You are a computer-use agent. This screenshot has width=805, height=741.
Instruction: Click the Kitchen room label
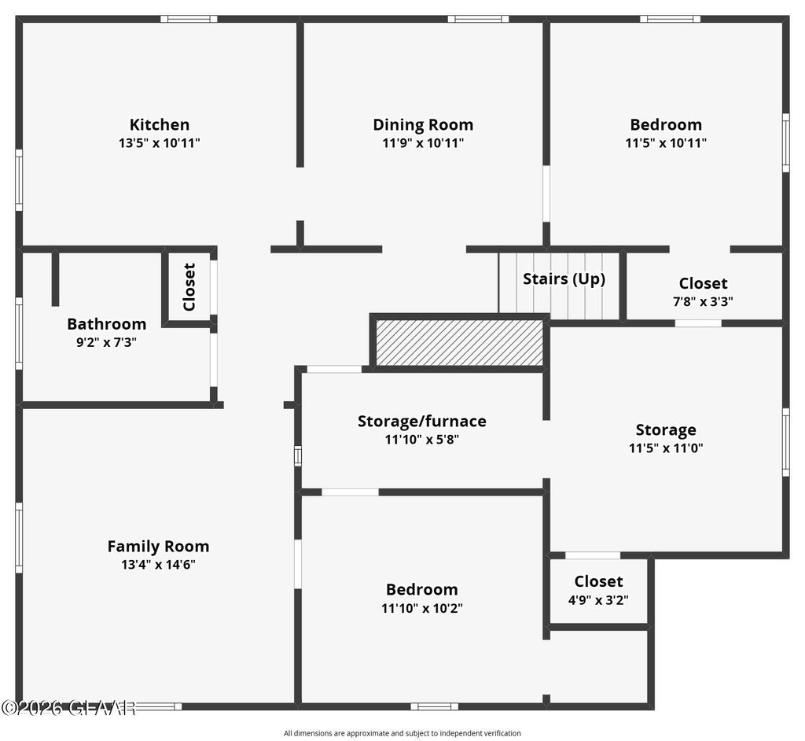[159, 124]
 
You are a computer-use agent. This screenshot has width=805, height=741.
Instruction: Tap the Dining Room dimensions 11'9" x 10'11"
[423, 143]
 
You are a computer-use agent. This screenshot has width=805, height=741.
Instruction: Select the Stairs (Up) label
[564, 279]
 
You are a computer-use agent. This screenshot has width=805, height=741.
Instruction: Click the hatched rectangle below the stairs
[459, 343]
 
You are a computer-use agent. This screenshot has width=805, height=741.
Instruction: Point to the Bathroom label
[107, 324]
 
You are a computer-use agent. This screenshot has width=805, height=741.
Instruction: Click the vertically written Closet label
[189, 287]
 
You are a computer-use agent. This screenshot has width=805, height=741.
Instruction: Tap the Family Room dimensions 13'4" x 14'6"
[158, 565]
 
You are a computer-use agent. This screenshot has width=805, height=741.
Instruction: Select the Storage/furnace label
[422, 422]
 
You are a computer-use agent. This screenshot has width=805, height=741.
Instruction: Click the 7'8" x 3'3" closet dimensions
[703, 301]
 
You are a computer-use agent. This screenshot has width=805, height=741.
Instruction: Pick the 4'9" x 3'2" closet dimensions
[598, 600]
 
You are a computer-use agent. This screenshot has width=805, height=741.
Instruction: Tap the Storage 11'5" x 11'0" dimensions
[666, 448]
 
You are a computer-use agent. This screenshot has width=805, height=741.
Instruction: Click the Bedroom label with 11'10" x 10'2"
[422, 589]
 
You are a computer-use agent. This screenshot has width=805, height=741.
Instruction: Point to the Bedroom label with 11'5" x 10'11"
[666, 124]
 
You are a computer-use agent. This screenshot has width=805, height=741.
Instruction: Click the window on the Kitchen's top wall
[189, 19]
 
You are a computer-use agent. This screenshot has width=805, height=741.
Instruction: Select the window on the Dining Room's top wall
[478, 19]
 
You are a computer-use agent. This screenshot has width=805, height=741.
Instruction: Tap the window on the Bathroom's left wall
[19, 333]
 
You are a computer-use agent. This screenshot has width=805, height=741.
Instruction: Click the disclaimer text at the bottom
[402, 733]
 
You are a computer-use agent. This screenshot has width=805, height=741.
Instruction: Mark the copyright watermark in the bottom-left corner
[68, 708]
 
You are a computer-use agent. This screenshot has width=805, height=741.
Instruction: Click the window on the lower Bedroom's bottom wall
[434, 706]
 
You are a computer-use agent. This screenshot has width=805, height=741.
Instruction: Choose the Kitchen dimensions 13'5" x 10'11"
[159, 143]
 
